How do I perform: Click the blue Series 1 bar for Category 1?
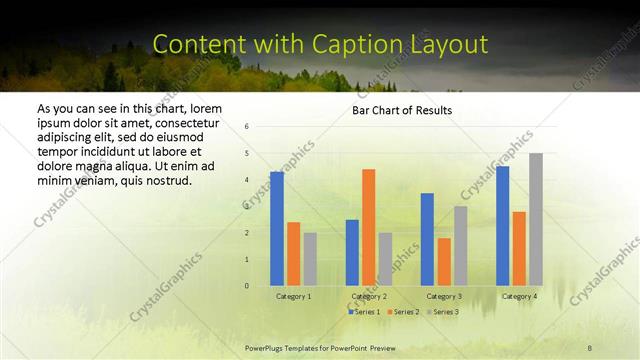tap(276, 229)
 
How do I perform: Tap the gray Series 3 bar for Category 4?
tap(536, 219)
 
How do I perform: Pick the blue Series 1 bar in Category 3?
tap(427, 239)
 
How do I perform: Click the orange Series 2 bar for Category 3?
tap(444, 262)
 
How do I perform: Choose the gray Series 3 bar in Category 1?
tap(310, 259)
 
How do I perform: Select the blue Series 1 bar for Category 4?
tap(502, 226)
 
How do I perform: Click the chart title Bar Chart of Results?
tap(402, 110)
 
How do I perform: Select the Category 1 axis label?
tap(293, 296)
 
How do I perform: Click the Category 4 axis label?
tap(519, 296)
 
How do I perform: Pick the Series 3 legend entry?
tap(443, 312)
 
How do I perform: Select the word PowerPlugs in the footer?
tap(267, 347)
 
